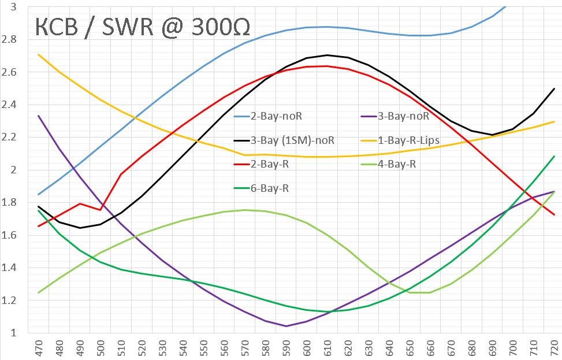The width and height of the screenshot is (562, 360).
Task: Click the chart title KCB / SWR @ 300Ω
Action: pos(143,27)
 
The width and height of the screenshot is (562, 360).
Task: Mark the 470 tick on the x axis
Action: pos(39,348)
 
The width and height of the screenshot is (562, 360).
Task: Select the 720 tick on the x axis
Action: pos(554,348)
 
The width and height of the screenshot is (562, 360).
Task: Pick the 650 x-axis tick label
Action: pos(410,348)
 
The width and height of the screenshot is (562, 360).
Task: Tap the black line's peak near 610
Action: pos(327,55)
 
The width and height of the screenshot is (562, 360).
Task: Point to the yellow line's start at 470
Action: pos(39,54)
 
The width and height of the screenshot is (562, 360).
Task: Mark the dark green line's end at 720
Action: pos(554,156)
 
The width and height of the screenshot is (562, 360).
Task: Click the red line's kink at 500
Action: pos(101,210)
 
